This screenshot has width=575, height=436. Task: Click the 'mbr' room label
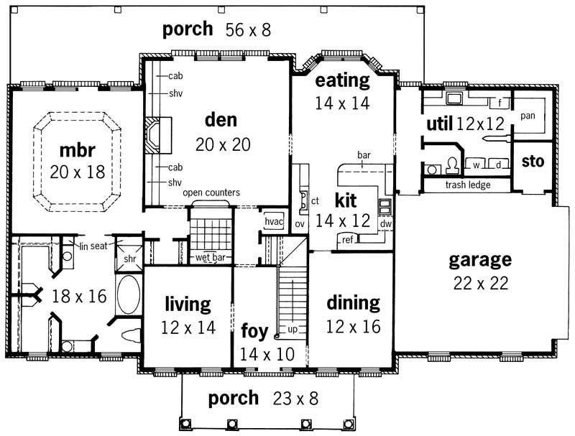[78, 151]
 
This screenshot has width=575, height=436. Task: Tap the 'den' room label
[221, 119]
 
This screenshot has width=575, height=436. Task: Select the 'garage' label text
[480, 259]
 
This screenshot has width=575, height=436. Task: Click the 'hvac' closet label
[275, 222]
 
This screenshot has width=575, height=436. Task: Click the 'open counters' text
[211, 193]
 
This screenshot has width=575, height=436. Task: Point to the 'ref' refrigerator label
[347, 239]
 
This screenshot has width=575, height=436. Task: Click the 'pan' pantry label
[528, 115]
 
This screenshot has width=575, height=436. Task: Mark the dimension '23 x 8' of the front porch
[295, 398]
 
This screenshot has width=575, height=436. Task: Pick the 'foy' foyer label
[254, 332]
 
